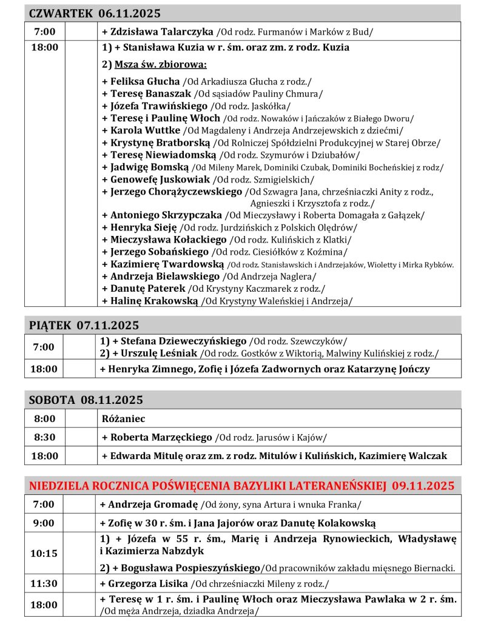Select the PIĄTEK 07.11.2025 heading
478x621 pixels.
[84, 325]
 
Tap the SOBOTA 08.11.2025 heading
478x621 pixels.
[86, 400]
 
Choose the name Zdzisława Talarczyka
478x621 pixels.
[161, 31]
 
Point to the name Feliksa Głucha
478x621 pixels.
[145, 81]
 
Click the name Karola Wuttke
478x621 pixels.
[146, 130]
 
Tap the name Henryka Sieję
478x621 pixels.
[144, 227]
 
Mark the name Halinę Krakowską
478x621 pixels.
[154, 300]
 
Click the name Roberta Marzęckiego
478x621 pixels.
[161, 437]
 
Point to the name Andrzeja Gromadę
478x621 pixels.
[154, 504]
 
